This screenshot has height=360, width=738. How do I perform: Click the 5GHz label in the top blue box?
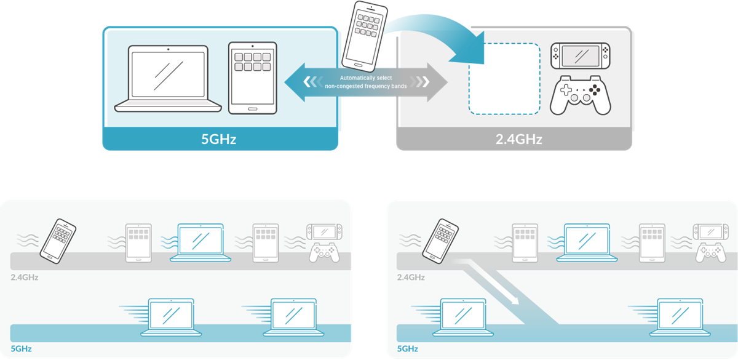[x=219, y=139]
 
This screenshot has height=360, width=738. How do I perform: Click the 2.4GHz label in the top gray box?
[x=518, y=139]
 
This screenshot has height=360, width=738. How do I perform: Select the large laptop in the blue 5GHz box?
[x=167, y=79]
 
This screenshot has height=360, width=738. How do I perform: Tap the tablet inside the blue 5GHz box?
[x=252, y=78]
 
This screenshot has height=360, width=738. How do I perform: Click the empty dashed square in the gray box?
[x=504, y=79]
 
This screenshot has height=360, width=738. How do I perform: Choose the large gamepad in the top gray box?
[x=580, y=95]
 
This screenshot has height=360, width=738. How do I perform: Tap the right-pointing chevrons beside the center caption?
[x=422, y=82]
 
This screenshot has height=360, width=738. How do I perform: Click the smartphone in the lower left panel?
[x=58, y=238]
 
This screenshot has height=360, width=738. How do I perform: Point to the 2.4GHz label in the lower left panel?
[x=25, y=277]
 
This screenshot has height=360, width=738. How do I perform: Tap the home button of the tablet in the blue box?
[x=252, y=108]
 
